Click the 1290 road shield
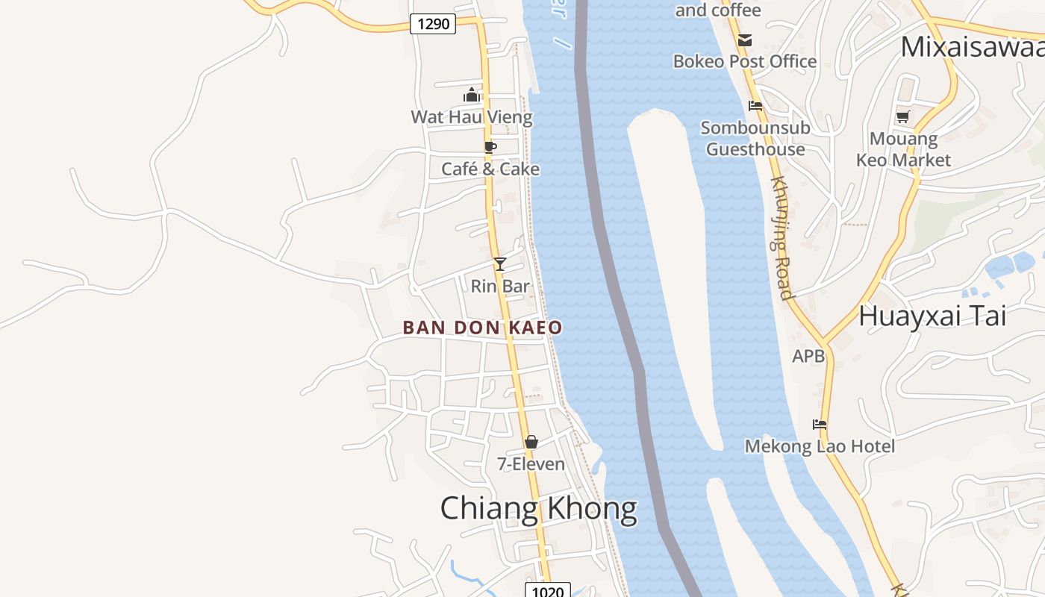pyautogui.click(x=433, y=24)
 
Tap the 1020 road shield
pyautogui.click(x=547, y=592)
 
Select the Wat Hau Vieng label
pyautogui.click(x=472, y=117)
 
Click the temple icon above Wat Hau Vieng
pyautogui.click(x=472, y=95)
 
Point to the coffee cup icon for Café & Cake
pyautogui.click(x=490, y=147)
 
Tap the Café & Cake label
pyautogui.click(x=490, y=169)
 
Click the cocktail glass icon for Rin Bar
pyautogui.click(x=500, y=263)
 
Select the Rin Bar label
pyautogui.click(x=500, y=286)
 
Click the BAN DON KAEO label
pyautogui.click(x=482, y=328)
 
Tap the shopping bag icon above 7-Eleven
pyautogui.click(x=531, y=442)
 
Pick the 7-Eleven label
pyautogui.click(x=531, y=464)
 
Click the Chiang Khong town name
pyautogui.click(x=538, y=509)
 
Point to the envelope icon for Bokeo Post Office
pyautogui.click(x=745, y=40)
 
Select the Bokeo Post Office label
pyautogui.click(x=745, y=61)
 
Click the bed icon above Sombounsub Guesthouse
pyautogui.click(x=755, y=106)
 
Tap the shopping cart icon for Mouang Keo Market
pyautogui.click(x=903, y=116)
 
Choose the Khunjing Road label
pyautogui.click(x=781, y=237)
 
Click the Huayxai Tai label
pyautogui.click(x=932, y=316)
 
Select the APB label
pyautogui.click(x=808, y=357)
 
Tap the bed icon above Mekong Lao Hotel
pyautogui.click(x=820, y=425)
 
